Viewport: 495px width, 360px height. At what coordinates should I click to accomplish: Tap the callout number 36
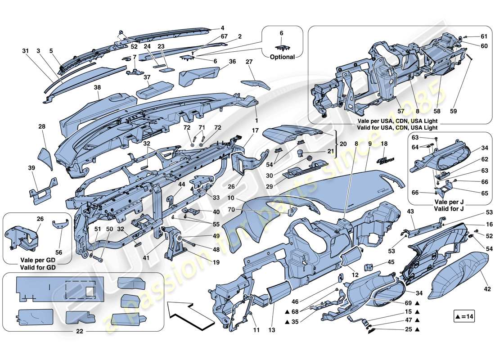tap(220, 61)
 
